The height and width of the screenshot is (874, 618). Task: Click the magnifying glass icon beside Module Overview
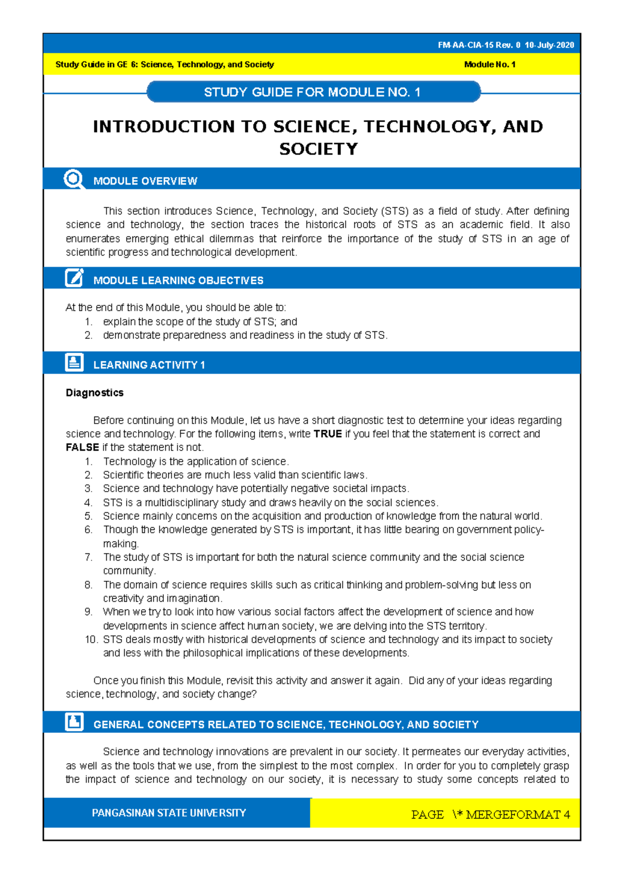point(74,179)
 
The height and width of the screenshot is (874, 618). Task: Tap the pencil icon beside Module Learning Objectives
point(74,278)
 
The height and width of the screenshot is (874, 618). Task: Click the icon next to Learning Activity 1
point(74,362)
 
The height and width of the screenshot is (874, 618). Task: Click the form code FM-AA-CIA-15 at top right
point(466,45)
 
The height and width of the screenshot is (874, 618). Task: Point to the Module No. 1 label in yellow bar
point(489,64)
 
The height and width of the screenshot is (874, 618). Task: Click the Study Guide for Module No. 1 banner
point(313,92)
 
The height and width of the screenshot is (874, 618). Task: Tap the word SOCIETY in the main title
point(318,149)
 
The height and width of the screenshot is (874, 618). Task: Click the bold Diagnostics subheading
point(94,393)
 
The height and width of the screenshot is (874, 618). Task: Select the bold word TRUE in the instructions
point(328,434)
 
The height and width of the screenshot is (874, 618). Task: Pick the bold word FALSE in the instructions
point(82,447)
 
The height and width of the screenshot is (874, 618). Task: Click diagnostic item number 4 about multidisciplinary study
point(270,502)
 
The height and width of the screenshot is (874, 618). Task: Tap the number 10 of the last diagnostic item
point(91,640)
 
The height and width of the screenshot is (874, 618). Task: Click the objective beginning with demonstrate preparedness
point(245,335)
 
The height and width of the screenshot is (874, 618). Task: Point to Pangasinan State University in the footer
point(168,813)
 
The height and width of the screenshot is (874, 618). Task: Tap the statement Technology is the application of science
point(196,461)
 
